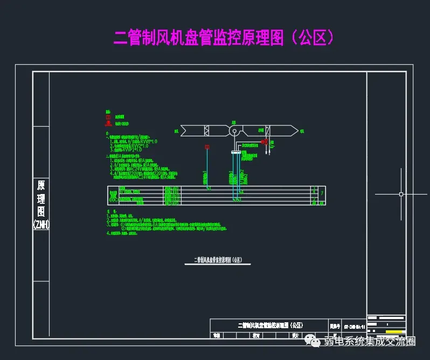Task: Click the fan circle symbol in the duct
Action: point(234,131)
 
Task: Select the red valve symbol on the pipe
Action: point(265,142)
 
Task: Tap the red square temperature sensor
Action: point(207,147)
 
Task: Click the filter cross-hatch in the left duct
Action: point(207,131)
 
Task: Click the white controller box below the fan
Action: point(235,153)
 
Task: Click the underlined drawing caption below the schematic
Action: point(214,260)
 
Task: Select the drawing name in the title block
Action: point(269,326)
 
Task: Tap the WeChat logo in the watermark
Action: point(313,341)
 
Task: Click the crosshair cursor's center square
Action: point(401,193)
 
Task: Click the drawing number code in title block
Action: point(354,326)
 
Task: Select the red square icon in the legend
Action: point(108,116)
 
